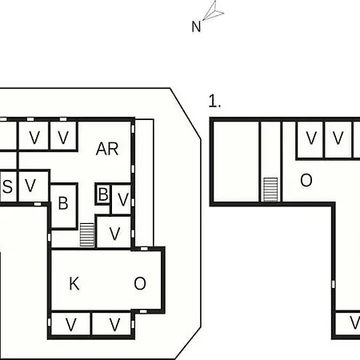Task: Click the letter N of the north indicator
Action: tap(196, 26)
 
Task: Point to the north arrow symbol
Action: tap(214, 10)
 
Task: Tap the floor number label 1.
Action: tap(214, 101)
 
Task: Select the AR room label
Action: tap(107, 149)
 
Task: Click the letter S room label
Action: tap(7, 186)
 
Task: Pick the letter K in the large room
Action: tap(74, 284)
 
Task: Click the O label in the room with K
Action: tap(140, 283)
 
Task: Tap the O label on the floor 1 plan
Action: tap(306, 180)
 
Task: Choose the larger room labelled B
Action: tap(64, 206)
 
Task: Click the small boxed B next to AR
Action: tap(102, 194)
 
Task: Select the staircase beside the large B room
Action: tap(87, 235)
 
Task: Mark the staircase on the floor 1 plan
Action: tap(270, 190)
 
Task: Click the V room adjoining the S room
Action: tap(34, 186)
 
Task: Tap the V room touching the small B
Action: tap(121, 198)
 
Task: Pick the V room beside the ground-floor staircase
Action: tap(114, 232)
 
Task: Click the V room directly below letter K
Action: tap(70, 324)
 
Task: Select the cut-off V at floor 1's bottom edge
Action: tap(347, 324)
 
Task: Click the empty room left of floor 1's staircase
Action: tap(236, 162)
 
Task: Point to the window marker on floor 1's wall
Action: tap(333, 284)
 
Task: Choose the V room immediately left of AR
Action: tap(63, 136)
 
